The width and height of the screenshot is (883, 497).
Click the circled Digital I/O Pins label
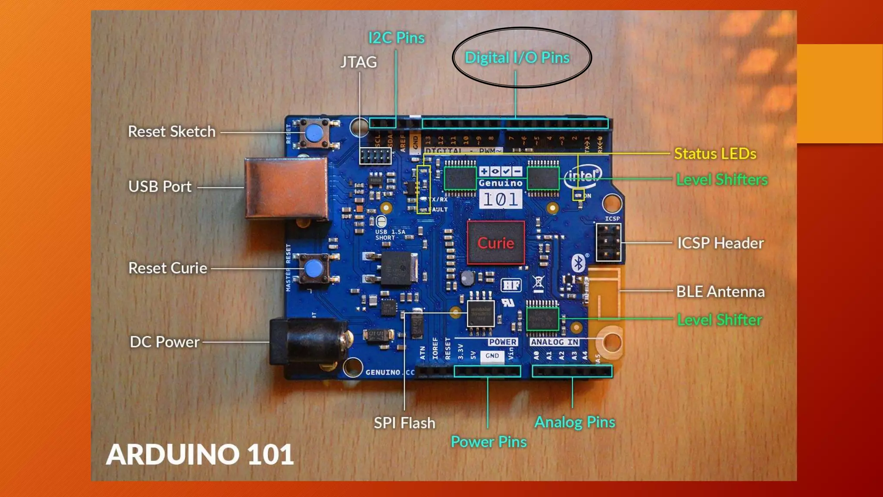(517, 57)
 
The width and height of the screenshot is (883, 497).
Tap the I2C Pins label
(396, 38)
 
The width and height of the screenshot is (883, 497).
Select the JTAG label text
(358, 62)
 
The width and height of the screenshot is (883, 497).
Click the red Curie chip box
(496, 243)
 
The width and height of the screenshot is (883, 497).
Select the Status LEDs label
(715, 154)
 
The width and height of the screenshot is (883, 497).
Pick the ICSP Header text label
(720, 243)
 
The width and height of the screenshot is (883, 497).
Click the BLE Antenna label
(720, 292)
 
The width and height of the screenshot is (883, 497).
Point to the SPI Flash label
(404, 423)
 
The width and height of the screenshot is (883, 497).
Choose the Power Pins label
(488, 442)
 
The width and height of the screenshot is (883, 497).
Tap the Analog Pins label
(575, 422)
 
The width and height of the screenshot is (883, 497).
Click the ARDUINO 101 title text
(200, 454)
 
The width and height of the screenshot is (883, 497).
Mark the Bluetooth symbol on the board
(578, 263)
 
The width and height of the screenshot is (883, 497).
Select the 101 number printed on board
(500, 199)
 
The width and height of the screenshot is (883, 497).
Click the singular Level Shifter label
(719, 320)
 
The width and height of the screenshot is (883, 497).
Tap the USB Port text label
(160, 186)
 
